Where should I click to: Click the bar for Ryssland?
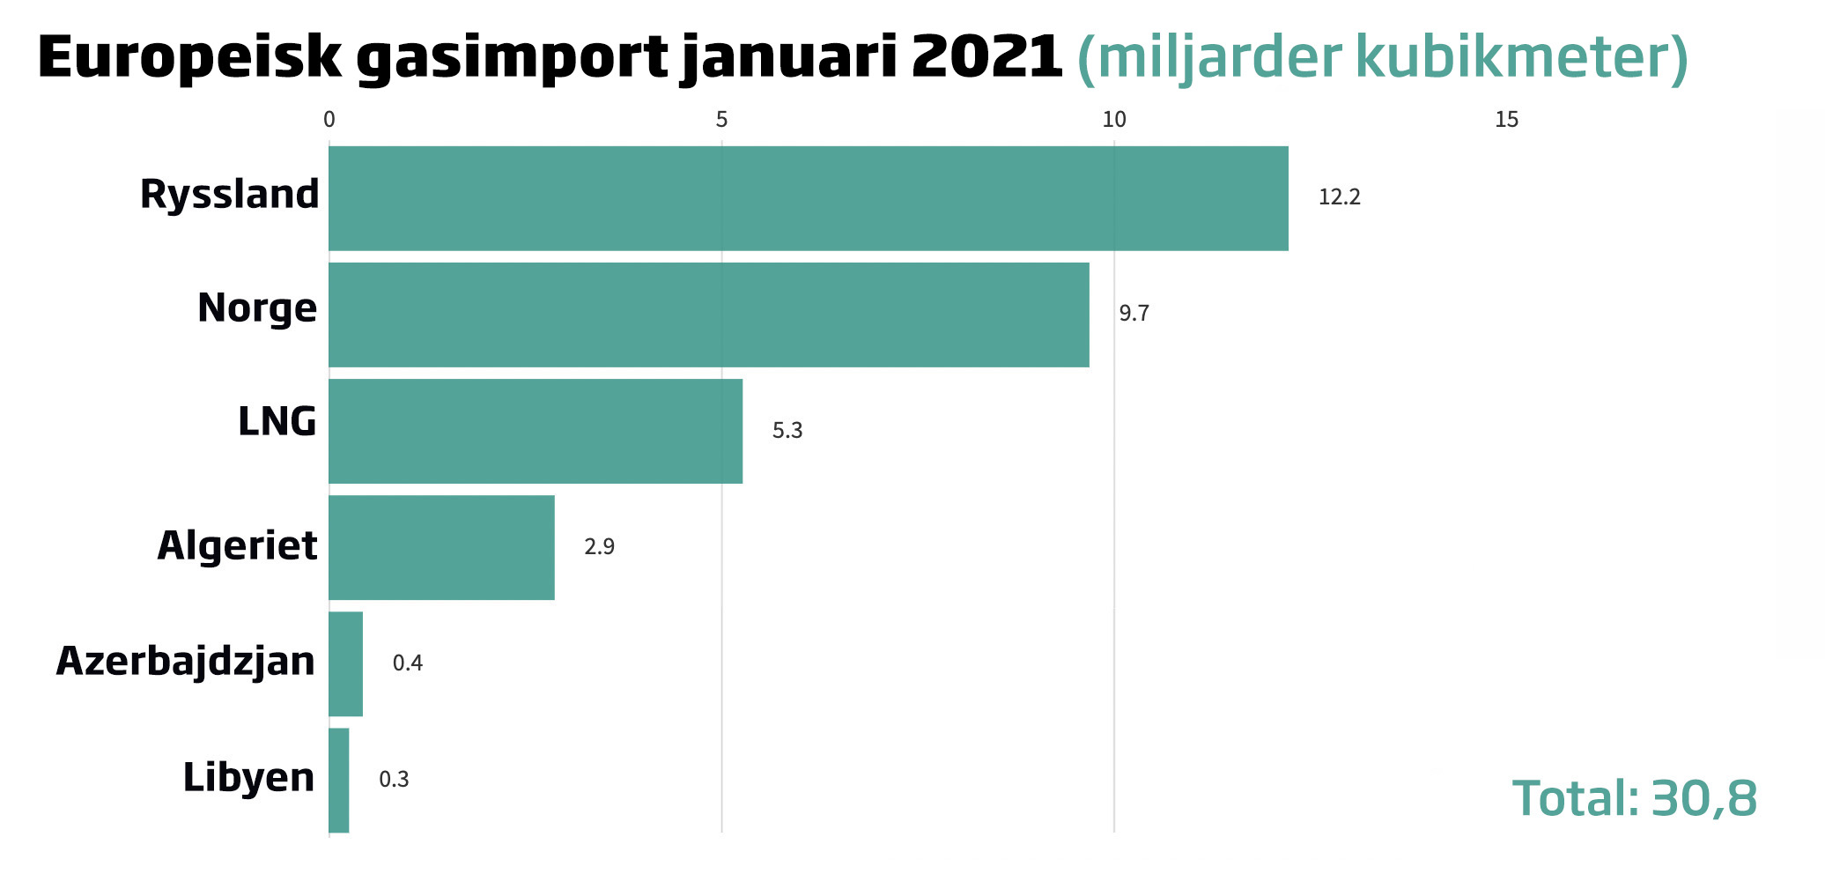(x=808, y=198)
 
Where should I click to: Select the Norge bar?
(x=708, y=315)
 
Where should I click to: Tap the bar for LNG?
(x=535, y=431)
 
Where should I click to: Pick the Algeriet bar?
(x=441, y=547)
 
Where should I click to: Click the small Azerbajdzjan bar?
(x=345, y=663)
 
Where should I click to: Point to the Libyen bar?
(x=338, y=780)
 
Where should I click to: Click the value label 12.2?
(x=1339, y=197)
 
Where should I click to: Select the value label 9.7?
(x=1134, y=314)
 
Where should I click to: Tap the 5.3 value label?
(x=787, y=431)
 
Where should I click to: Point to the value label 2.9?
(x=599, y=547)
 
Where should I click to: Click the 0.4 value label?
(x=407, y=663)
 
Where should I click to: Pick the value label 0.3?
(x=394, y=780)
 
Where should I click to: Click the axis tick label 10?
(x=1114, y=120)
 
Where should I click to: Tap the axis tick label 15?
(x=1507, y=120)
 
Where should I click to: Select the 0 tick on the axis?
(x=329, y=120)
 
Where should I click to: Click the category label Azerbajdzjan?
(x=186, y=662)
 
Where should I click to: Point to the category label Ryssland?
(x=229, y=195)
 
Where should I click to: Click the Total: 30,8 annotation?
(x=1634, y=798)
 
